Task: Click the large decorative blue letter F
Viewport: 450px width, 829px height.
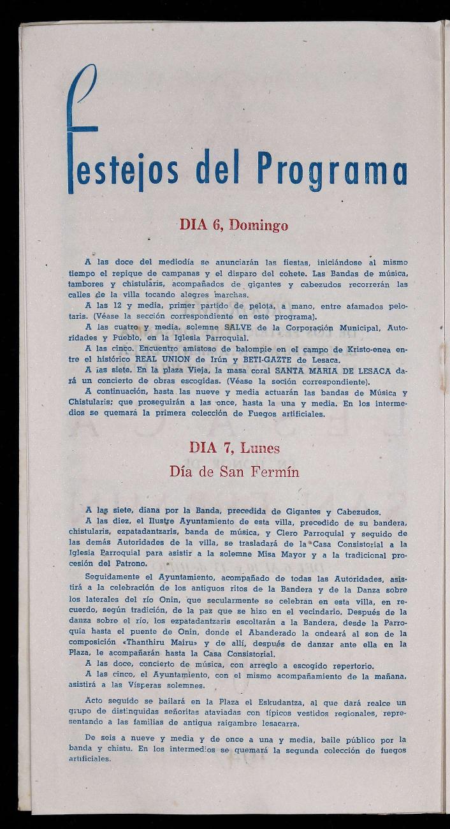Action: [83, 128]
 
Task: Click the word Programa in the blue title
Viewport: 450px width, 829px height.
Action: [331, 170]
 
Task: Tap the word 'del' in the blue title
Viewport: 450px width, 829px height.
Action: [219, 168]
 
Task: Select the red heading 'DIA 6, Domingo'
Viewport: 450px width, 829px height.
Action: [233, 225]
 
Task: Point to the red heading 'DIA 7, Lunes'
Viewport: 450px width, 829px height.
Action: [234, 448]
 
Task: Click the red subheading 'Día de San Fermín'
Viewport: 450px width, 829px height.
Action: [234, 472]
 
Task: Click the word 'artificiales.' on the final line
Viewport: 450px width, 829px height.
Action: [90, 759]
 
